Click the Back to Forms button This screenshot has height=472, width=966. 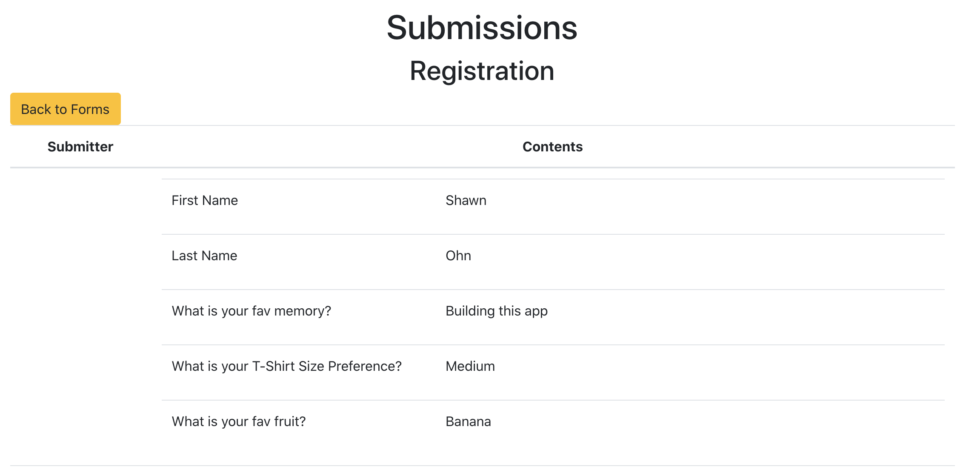65,109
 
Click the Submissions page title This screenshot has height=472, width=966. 482,28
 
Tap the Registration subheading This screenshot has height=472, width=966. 482,71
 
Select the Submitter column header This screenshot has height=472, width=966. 80,147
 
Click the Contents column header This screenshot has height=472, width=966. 552,147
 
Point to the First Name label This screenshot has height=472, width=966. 205,200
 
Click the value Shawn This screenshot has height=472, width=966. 466,200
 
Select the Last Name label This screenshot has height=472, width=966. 204,256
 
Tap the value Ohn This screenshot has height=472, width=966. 458,256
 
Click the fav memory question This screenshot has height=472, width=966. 251,311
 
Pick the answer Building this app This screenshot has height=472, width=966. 496,311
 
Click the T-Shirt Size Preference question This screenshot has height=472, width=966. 286,366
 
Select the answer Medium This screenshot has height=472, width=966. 470,366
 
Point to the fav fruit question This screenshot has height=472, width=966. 238,421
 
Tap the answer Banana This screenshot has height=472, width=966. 468,421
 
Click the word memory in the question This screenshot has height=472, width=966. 302,311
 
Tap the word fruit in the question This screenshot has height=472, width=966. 289,421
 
